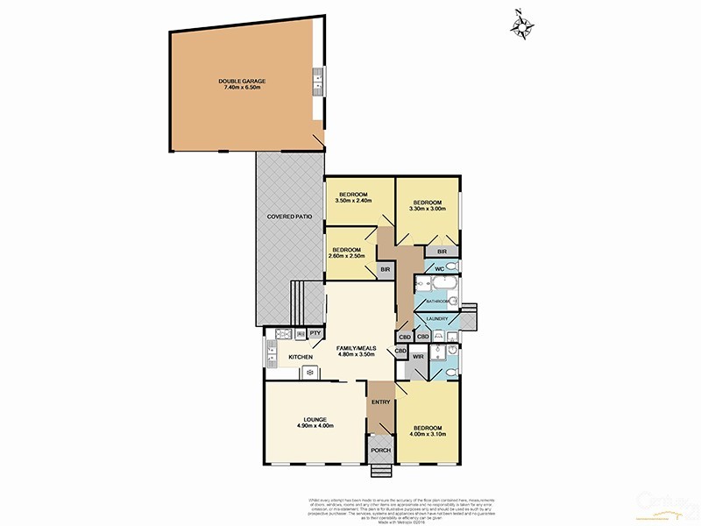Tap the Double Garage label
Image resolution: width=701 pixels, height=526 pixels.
[242, 84]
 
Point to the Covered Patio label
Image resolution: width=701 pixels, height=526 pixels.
[290, 216]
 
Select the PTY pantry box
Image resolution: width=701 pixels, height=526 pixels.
[315, 333]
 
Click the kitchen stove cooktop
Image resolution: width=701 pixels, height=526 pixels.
[310, 373]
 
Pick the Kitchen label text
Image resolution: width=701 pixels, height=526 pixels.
[301, 358]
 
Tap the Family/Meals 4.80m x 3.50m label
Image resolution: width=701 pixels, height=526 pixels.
[356, 352]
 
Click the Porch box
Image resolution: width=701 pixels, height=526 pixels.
[380, 451]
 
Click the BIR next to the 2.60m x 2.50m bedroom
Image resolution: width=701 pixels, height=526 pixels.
[385, 270]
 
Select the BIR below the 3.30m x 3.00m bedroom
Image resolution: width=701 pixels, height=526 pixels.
[442, 252]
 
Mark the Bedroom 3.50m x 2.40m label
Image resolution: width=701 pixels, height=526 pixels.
[353, 197]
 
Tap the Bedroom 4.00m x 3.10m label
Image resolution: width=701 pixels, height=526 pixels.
[428, 431]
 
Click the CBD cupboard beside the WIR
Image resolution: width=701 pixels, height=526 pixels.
[401, 352]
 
